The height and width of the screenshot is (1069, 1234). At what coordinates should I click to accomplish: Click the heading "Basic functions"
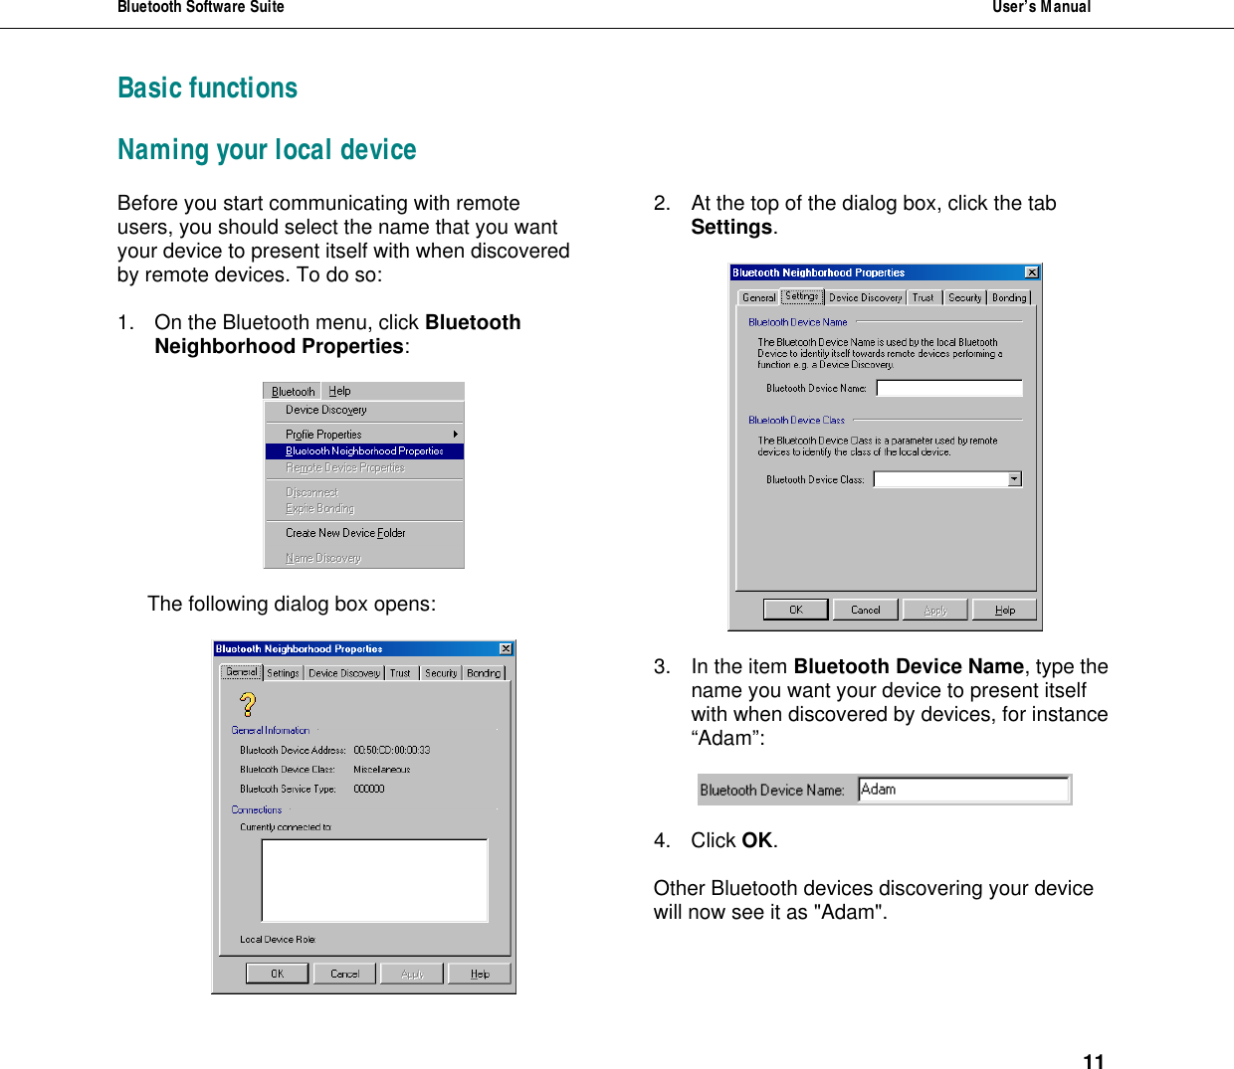pyautogui.click(x=207, y=89)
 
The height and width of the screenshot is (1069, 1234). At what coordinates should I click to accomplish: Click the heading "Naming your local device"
pyautogui.click(x=267, y=150)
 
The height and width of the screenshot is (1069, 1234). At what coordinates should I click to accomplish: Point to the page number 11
pyautogui.click(x=1093, y=1061)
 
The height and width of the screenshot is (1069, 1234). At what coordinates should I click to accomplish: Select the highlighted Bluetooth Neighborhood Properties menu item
pyautogui.click(x=363, y=451)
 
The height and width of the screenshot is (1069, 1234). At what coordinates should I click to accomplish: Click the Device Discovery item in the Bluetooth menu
pyautogui.click(x=325, y=410)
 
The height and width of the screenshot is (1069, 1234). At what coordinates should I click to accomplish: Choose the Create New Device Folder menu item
pyautogui.click(x=344, y=533)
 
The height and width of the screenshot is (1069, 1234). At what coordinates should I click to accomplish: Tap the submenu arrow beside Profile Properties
pyautogui.click(x=455, y=435)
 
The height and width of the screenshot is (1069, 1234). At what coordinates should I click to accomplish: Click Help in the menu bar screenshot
pyautogui.click(x=339, y=392)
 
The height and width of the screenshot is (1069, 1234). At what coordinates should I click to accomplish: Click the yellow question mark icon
pyautogui.click(x=248, y=704)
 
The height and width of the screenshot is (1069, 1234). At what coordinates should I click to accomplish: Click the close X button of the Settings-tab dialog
pyautogui.click(x=1032, y=272)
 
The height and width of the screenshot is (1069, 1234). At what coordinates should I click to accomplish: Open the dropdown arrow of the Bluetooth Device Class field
pyautogui.click(x=1014, y=479)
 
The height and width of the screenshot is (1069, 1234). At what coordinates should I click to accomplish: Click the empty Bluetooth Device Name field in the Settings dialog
pyautogui.click(x=948, y=388)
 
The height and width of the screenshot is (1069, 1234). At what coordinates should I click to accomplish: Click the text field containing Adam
pyautogui.click(x=962, y=790)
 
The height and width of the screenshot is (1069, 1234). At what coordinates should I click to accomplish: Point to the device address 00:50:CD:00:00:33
pyautogui.click(x=391, y=751)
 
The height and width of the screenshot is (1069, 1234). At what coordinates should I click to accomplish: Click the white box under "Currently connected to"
pyautogui.click(x=374, y=880)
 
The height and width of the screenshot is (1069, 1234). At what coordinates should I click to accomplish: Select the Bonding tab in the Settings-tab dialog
pyautogui.click(x=1009, y=297)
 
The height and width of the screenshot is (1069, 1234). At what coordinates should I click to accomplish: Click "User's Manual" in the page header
pyautogui.click(x=1040, y=8)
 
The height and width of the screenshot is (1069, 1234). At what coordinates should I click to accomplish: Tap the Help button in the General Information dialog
pyautogui.click(x=480, y=974)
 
